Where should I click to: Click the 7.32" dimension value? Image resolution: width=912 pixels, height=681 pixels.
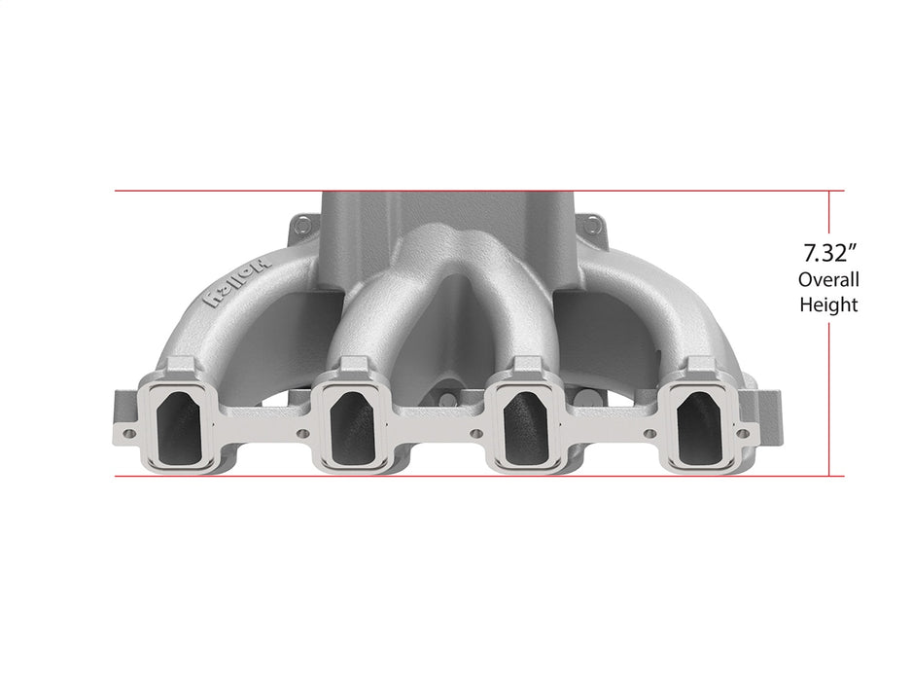(828, 255)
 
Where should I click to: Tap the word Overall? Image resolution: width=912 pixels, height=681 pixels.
(828, 280)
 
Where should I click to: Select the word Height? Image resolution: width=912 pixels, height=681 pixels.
(828, 305)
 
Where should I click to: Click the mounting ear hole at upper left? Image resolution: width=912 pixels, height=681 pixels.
(302, 226)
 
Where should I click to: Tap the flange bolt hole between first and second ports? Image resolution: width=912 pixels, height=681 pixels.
(302, 434)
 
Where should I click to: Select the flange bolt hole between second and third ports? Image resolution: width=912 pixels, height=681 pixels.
(475, 434)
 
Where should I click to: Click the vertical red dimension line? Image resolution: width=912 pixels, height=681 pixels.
(829, 389)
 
